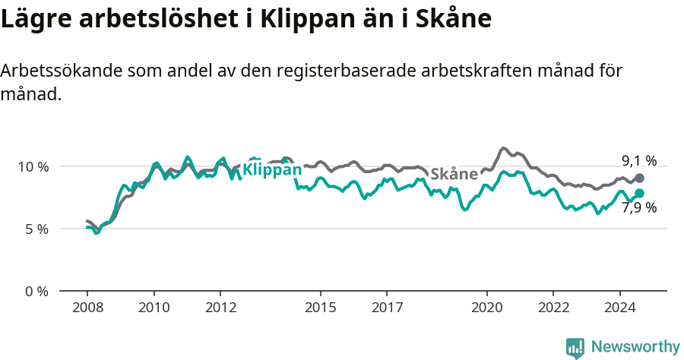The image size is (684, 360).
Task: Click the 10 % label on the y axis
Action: pyautogui.click(x=32, y=166)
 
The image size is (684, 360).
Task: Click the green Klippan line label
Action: pyautogui.click(x=272, y=169)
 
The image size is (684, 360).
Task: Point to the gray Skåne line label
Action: pyautogui.click(x=454, y=174)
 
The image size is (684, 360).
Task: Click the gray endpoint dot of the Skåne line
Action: pyautogui.click(x=639, y=178)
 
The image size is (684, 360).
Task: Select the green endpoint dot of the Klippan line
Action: pyautogui.click(x=639, y=193)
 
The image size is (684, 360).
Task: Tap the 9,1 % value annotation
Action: pyautogui.click(x=638, y=160)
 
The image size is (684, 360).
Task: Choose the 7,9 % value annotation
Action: pyautogui.click(x=638, y=208)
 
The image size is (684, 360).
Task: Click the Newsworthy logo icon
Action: pyautogui.click(x=575, y=347)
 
